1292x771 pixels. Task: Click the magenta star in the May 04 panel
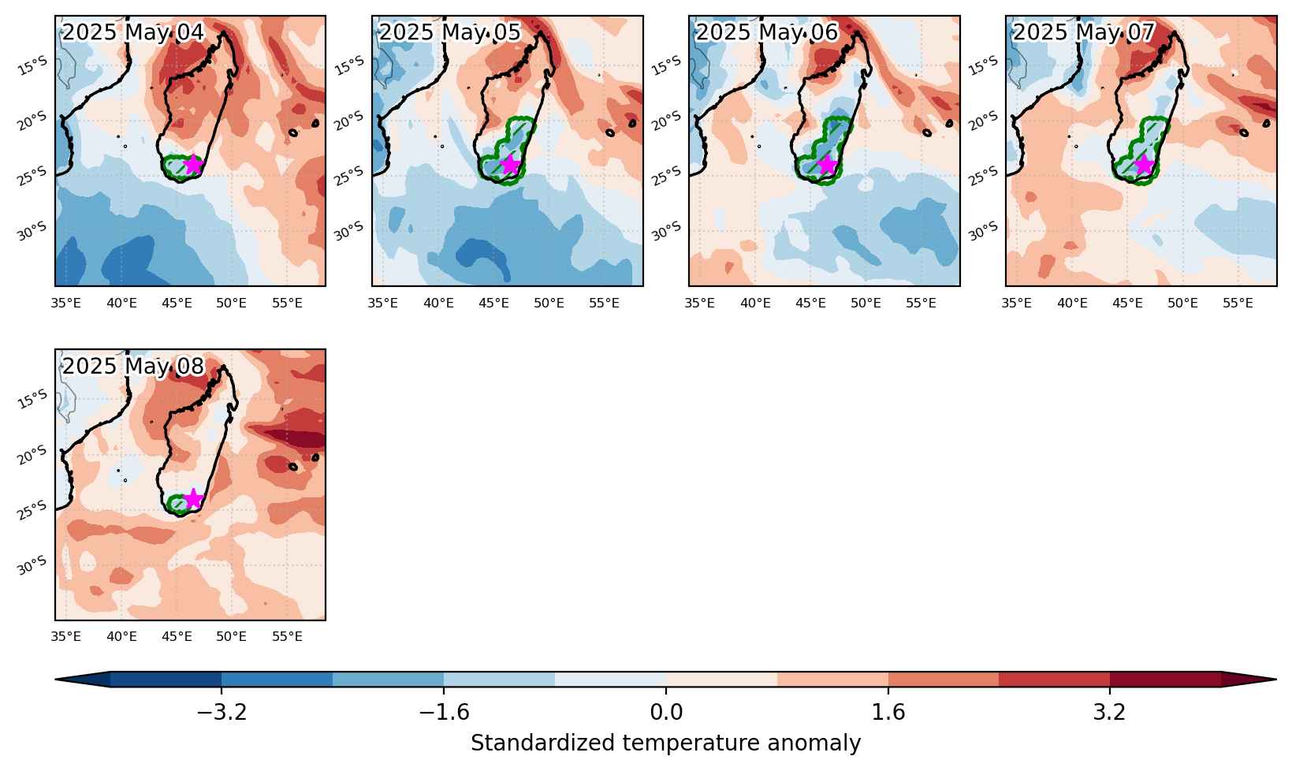tap(193, 164)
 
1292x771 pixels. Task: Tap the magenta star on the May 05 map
tap(510, 164)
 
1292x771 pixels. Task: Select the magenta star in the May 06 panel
tap(827, 164)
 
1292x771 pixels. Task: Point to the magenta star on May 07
tap(1144, 164)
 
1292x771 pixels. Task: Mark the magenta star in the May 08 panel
tap(193, 498)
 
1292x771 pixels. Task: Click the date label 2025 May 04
tap(132, 32)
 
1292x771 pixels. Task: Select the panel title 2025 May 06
tap(766, 32)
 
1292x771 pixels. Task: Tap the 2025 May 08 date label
tap(132, 366)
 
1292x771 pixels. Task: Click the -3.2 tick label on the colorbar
tap(222, 713)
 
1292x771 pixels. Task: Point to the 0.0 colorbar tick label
tap(666, 713)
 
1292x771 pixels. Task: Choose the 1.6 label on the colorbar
tap(888, 713)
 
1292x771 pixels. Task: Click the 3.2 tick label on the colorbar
tap(1110, 713)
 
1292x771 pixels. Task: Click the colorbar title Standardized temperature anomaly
tap(665, 743)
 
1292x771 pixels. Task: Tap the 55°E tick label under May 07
tap(1238, 304)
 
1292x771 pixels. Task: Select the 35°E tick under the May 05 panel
tap(382, 304)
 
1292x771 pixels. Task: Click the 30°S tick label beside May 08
tap(32, 566)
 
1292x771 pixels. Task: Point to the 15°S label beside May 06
tap(666, 65)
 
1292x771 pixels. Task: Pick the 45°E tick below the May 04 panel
tap(177, 304)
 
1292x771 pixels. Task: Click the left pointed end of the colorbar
tap(55, 680)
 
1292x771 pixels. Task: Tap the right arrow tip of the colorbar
tap(1276, 680)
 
